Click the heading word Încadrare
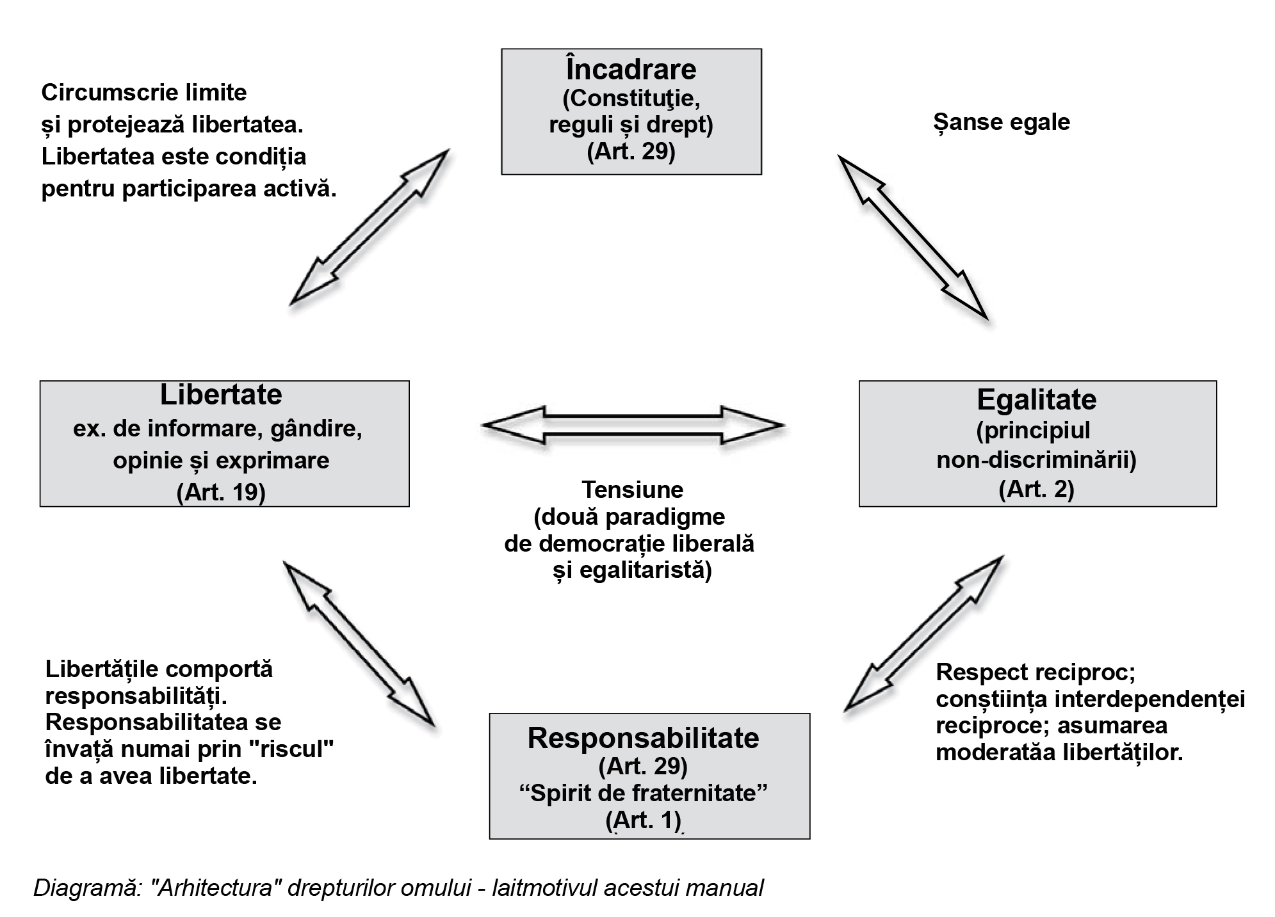tap(631, 70)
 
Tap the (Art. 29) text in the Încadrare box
tap(631, 153)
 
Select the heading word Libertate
tap(221, 395)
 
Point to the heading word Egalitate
tap(1036, 400)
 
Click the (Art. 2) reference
tap(1036, 489)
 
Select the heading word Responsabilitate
tap(643, 738)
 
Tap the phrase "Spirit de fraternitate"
tap(643, 793)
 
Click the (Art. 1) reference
tap(643, 820)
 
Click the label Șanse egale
tap(1002, 122)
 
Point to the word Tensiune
tap(633, 490)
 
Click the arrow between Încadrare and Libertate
tap(370, 228)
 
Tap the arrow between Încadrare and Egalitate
tap(913, 237)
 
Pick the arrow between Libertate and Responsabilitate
tap(359, 644)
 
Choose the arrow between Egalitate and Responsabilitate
tap(923, 634)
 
